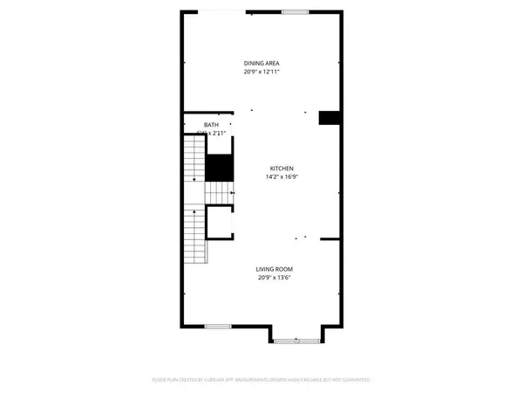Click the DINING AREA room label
pos(261,64)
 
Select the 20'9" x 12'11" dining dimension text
pos(261,72)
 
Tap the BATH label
pos(212,126)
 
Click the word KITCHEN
pos(281,168)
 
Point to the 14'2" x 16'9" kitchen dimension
pos(281,176)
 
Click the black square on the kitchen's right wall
pos(329,119)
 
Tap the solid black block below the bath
pos(219,167)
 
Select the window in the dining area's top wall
pos(295,11)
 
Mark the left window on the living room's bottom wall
pos(216,326)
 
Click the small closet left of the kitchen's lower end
pos(219,223)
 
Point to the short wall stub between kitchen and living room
pos(329,238)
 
